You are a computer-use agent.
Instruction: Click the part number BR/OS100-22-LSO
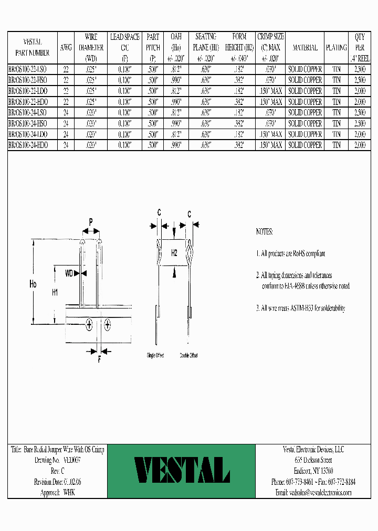pos(29,70)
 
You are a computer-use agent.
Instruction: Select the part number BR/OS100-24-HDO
pos(29,145)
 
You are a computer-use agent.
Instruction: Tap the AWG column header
pos(66,48)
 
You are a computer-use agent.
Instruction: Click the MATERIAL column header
pos(305,48)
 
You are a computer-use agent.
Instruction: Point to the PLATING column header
pos(337,48)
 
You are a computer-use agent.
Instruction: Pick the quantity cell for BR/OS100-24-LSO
pos(360,113)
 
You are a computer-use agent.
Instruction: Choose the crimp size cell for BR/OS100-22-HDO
pos(270,102)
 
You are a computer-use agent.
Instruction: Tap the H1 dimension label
pos(55,293)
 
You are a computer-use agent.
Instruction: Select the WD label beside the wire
pos(69,273)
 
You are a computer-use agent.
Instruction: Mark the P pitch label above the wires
pos(90,222)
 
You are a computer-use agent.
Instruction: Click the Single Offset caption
pos(155,356)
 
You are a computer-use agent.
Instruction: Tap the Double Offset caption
pos(188,356)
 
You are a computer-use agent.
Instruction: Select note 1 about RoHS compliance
pos(290,253)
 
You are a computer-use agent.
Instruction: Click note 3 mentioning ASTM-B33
pos(300,309)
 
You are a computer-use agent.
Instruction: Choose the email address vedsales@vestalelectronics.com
pos(313,493)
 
